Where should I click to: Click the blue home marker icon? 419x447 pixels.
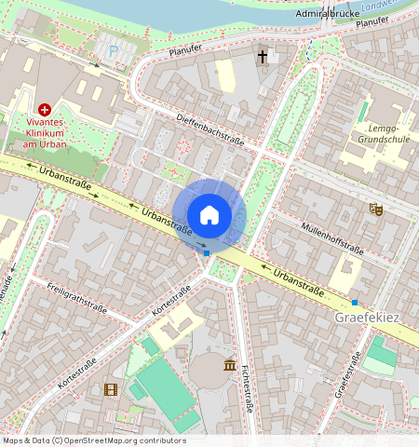[x=209, y=215]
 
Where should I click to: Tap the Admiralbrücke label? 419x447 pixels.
[x=328, y=14]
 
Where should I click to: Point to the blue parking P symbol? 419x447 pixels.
[x=114, y=51]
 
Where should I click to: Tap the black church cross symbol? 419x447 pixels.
[x=263, y=57]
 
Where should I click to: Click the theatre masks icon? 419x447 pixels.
[x=377, y=210]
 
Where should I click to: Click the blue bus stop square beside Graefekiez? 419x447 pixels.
[x=354, y=302]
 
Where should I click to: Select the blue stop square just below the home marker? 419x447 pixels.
[x=207, y=252]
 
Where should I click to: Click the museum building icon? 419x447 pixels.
[x=229, y=364]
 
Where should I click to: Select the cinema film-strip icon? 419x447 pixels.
[x=111, y=389]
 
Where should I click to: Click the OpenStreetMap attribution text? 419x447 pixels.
[x=94, y=440]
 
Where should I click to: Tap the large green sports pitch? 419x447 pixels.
[x=166, y=388]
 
